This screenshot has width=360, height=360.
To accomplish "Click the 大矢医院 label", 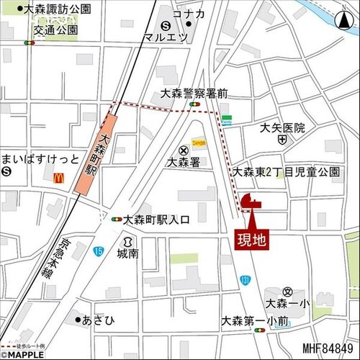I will (x=282, y=127).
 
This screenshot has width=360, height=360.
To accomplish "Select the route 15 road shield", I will (x=98, y=250).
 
